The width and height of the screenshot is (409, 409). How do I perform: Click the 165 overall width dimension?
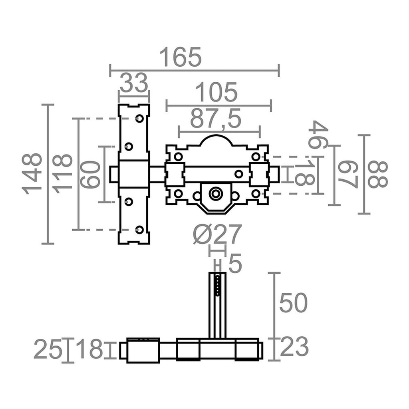coord(181,57)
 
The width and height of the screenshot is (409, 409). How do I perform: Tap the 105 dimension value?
coord(218,93)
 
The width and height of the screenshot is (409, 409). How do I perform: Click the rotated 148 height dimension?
coord(32,173)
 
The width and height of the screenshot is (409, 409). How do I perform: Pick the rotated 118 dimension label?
coord(63,173)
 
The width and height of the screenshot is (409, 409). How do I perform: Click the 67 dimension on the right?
coord(347,174)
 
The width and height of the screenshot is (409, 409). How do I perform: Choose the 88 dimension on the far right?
coord(377,174)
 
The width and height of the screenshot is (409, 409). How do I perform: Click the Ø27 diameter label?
coord(218,234)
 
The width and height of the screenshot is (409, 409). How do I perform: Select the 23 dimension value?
coord(294,347)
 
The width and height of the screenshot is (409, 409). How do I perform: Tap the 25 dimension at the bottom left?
coord(48,349)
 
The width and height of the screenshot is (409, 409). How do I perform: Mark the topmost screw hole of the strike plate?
coord(139,118)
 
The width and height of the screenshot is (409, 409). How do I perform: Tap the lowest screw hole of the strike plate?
coord(139,229)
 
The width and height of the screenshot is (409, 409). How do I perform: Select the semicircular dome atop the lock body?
coord(216,141)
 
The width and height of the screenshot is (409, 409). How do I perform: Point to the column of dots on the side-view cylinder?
coord(217,285)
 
